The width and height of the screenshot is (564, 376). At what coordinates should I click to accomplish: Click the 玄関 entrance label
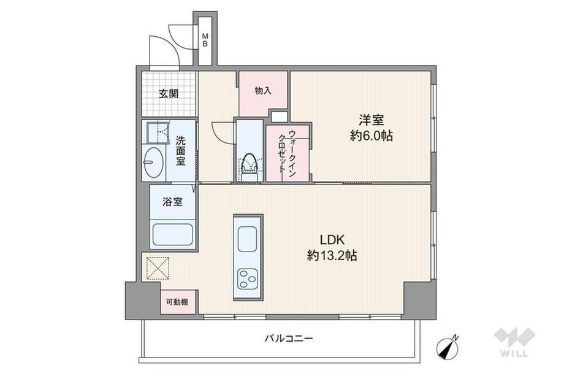point(169,94)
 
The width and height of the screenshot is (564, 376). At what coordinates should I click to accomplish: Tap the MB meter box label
point(205,40)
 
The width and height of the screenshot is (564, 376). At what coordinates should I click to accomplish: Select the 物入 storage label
point(263,91)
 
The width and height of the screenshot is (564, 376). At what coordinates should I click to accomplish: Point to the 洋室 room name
point(372,120)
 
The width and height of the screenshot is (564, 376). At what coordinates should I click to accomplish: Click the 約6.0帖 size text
point(372,136)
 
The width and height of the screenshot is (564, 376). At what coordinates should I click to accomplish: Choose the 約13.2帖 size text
point(332,256)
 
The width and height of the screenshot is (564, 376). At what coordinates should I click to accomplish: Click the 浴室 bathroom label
point(173,202)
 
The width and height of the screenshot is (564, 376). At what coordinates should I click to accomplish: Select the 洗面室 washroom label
point(181,150)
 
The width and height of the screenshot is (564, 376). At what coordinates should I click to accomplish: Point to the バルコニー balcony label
point(289,338)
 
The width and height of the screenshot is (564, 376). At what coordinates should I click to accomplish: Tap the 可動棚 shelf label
point(177,302)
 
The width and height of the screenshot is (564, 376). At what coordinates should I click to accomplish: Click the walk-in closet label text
point(288,155)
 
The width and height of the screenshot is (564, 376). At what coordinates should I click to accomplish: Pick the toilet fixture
point(250,167)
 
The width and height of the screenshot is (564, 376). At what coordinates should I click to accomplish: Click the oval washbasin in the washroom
point(153,163)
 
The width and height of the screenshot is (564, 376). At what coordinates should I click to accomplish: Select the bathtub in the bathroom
point(173,234)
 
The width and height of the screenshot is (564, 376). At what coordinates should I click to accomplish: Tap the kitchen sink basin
point(248,239)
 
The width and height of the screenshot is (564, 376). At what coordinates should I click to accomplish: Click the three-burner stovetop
point(248,278)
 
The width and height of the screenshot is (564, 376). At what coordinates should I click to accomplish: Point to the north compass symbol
point(448,348)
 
